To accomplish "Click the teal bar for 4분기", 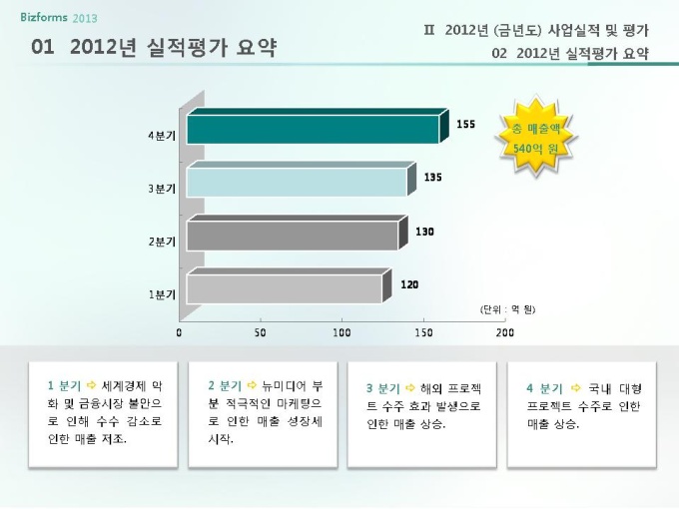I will coord(313,130).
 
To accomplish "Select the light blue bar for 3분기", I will coord(297,183).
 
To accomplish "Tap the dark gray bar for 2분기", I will coord(292,236).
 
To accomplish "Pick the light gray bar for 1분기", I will coord(284,288).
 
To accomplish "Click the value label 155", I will coord(465,125).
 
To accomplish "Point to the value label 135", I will coord(432,178).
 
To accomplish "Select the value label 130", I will coord(424,232).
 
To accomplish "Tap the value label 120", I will coord(409,284).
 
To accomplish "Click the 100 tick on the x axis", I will coord(341,332).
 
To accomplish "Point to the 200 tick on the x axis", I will coord(504,332).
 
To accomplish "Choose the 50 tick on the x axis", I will coord(261,332).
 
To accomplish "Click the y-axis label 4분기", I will coord(163,135).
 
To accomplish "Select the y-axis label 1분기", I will coord(163,294).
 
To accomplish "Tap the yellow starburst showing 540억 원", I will coord(537,139).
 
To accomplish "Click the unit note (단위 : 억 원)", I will coord(508,308).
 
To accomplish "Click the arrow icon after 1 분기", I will coord(93,384).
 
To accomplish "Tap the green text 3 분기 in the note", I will coord(383,389).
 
